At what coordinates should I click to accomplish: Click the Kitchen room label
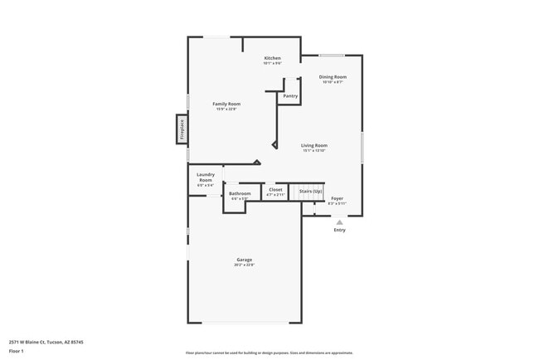click(x=272, y=58)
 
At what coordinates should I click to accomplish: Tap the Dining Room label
click(x=333, y=77)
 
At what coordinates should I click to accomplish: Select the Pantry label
click(x=290, y=96)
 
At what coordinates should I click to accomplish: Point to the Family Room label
click(x=226, y=104)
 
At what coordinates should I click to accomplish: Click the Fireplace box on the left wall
click(x=181, y=129)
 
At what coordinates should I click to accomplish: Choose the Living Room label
click(x=313, y=145)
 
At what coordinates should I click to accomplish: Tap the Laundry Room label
click(x=206, y=177)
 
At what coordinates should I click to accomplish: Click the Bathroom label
click(x=240, y=193)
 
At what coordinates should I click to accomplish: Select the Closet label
click(x=275, y=189)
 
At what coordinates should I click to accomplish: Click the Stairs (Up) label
click(x=310, y=190)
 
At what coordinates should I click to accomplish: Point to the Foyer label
click(x=337, y=198)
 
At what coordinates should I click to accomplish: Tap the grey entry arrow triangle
click(x=339, y=221)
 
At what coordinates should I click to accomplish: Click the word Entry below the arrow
click(x=339, y=230)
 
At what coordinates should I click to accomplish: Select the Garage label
click(x=244, y=260)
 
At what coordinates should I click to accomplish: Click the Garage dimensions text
click(x=244, y=265)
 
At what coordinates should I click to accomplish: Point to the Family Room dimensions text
click(x=226, y=109)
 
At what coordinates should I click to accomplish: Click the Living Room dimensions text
click(x=313, y=151)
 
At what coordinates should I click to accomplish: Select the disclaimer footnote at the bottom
click(x=269, y=353)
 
